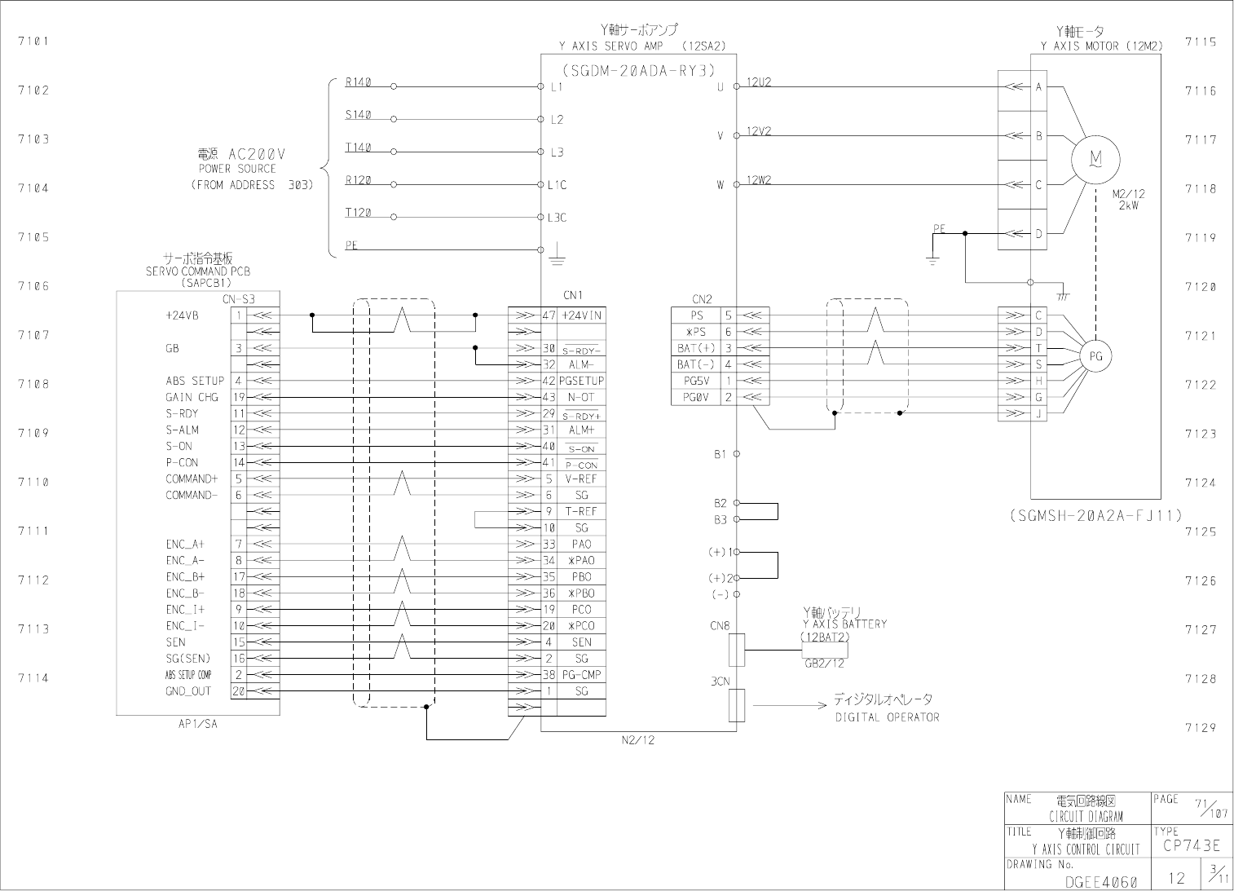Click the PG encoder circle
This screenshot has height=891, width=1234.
tap(1096, 355)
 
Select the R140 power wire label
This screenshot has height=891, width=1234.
tap(358, 82)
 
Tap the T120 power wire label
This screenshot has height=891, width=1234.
tap(358, 213)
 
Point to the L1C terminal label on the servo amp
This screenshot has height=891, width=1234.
tap(558, 185)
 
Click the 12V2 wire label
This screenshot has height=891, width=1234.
tap(759, 131)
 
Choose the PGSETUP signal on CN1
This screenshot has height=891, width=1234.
tap(581, 381)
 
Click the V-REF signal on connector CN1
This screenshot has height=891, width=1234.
tap(581, 479)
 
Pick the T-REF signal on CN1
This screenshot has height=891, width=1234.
tap(581, 511)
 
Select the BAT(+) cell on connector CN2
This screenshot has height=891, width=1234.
tap(695, 348)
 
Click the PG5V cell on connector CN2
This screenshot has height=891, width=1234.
tap(695, 381)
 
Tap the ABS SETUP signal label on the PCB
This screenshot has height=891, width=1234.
tap(195, 381)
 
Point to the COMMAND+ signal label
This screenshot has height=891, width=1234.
tap(192, 479)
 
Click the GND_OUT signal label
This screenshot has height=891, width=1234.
tap(188, 691)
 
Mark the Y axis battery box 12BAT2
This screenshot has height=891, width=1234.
tap(825, 650)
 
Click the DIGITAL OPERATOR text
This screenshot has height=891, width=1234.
tap(887, 717)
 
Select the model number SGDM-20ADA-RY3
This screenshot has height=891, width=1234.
tap(638, 70)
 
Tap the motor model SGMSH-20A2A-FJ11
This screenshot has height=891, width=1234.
tap(1095, 515)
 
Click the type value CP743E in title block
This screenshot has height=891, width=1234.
tap(1191, 846)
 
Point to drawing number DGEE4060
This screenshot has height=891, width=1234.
tap(1101, 882)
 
